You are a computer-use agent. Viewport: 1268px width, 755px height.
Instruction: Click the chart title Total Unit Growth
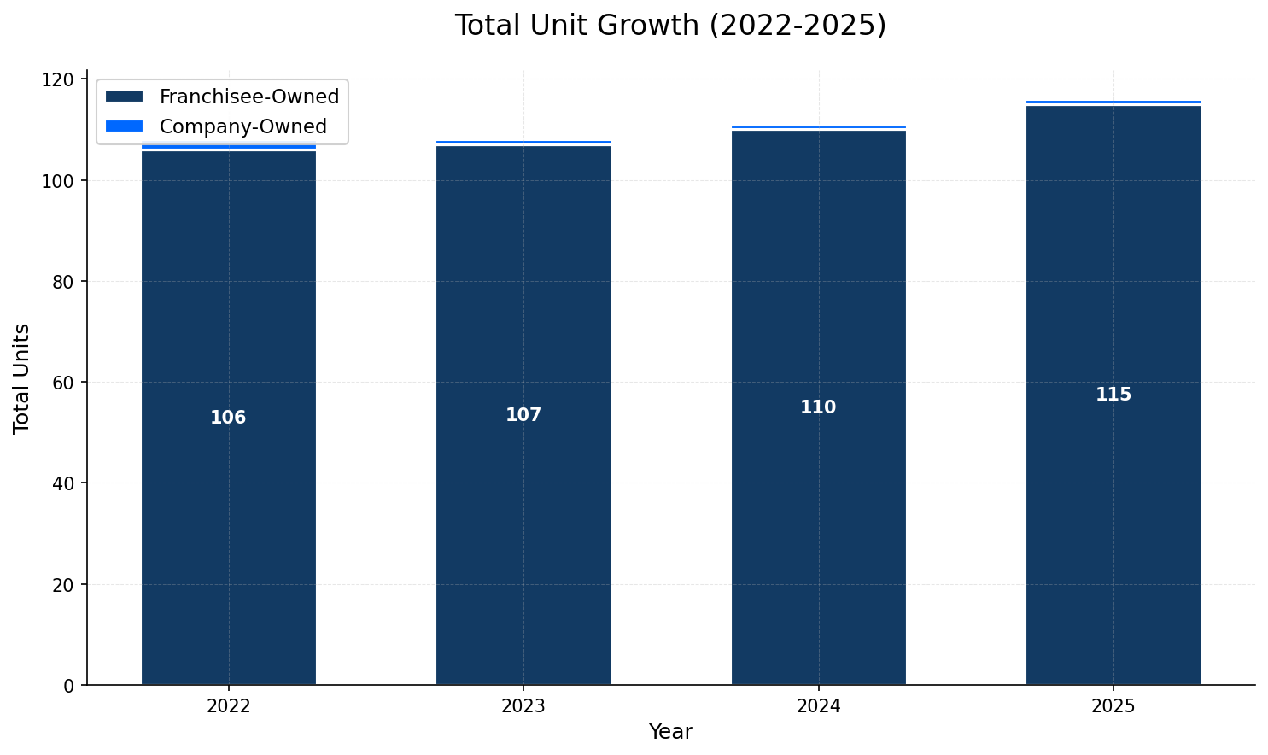point(670,26)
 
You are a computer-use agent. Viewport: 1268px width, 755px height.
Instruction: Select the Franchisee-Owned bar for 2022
point(228,512)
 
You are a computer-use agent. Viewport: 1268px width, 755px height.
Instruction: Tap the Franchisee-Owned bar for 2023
point(523,512)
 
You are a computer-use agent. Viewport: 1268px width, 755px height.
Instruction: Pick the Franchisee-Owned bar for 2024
point(818,512)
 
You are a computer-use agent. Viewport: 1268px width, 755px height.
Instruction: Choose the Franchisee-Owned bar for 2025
point(1113,512)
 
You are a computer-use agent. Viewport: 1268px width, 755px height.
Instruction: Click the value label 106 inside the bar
point(228,418)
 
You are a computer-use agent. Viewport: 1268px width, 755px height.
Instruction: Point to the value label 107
point(523,415)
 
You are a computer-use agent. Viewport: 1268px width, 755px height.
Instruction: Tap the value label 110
point(818,407)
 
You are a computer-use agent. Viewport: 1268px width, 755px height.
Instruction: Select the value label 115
point(1113,395)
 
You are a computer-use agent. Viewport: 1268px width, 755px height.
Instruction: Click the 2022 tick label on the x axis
point(228,706)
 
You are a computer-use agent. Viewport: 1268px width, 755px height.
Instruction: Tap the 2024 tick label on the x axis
point(818,706)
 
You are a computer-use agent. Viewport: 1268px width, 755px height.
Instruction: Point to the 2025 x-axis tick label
point(1113,706)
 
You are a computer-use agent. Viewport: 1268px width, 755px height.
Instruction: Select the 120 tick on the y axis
point(63,79)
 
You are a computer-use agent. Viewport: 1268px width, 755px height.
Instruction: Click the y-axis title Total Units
point(22,377)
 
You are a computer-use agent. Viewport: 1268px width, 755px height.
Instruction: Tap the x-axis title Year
point(670,732)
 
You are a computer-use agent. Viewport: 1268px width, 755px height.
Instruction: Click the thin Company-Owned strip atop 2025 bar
point(1113,102)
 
